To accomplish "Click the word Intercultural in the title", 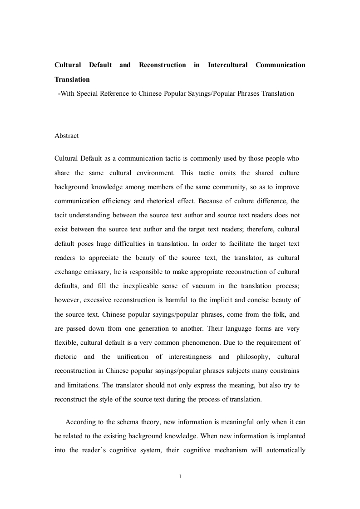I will coord(227,65).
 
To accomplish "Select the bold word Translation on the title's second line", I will coord(72,79).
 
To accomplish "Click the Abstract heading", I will coord(66,136).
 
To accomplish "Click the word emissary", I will coord(94,272).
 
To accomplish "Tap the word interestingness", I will coord(201,356).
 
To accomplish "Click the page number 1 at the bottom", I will coord(180,476).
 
